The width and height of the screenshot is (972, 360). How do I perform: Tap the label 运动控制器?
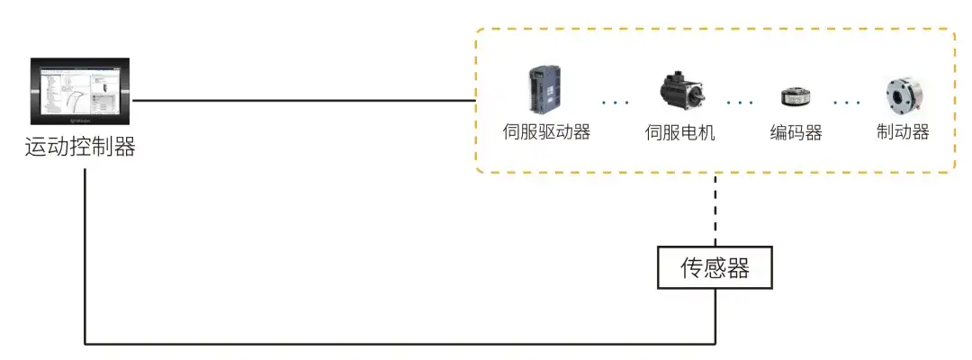click(80, 147)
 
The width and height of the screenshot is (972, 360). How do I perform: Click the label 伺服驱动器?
click(545, 132)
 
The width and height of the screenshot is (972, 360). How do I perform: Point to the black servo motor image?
click(679, 94)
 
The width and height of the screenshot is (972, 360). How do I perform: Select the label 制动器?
click(902, 132)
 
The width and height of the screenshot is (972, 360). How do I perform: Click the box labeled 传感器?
click(715, 268)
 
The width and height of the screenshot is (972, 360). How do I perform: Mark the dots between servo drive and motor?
click(616, 103)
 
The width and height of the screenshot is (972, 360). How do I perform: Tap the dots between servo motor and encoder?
click(740, 103)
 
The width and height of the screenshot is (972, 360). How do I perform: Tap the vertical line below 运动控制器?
click(85, 252)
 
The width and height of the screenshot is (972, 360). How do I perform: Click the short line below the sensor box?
click(715, 315)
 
